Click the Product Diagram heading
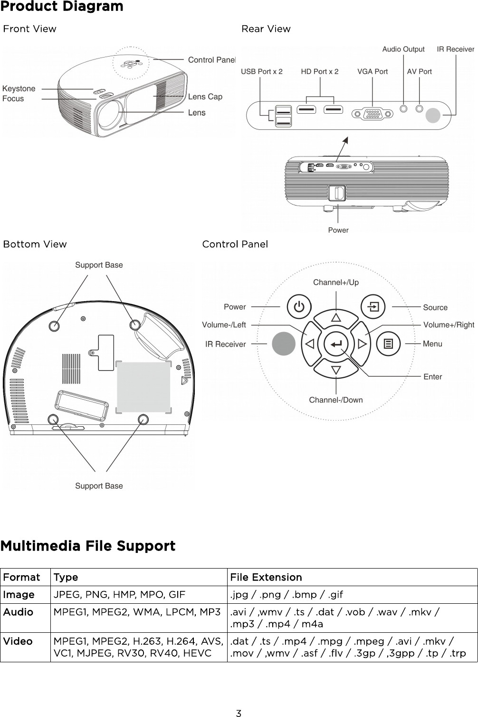pos(62,7)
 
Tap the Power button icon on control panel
pos(299,307)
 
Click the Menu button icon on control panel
pos(389,344)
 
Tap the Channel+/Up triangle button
pos(336,317)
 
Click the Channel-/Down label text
pos(335,400)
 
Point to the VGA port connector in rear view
pos(373,114)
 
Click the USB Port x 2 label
pos(261,72)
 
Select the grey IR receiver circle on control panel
pos(284,344)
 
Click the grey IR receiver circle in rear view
pos(433,116)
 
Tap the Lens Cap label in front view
pos(205,97)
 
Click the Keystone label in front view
pos(19,88)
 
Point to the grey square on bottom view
pos(143,387)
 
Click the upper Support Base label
pos(99,265)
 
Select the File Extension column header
pos(266,578)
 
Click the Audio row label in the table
pos(18,612)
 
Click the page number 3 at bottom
pos(239,713)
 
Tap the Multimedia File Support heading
pos(88,546)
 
